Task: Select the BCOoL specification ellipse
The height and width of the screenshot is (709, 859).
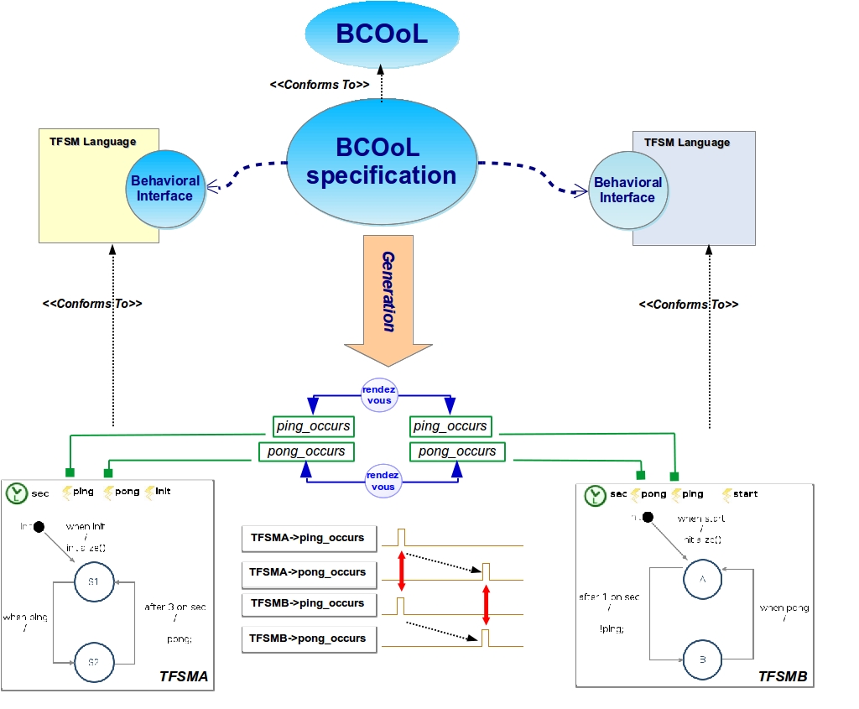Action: pyautogui.click(x=382, y=161)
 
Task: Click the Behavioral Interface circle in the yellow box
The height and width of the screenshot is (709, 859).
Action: pyautogui.click(x=165, y=189)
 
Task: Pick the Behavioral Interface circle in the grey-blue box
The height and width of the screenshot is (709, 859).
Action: pyautogui.click(x=628, y=190)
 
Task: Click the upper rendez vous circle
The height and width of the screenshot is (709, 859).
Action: pyautogui.click(x=379, y=394)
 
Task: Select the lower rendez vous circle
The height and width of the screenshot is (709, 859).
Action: pyautogui.click(x=383, y=481)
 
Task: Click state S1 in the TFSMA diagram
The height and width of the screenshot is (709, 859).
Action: pyautogui.click(x=93, y=581)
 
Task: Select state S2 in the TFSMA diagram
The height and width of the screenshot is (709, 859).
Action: pyautogui.click(x=93, y=662)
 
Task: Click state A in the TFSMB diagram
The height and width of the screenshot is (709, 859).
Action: pyautogui.click(x=701, y=579)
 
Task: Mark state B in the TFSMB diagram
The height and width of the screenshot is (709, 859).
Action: pyautogui.click(x=701, y=660)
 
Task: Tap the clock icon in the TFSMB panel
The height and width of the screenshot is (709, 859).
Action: pyautogui.click(x=595, y=495)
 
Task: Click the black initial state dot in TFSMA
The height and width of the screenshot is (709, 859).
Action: pyautogui.click(x=38, y=527)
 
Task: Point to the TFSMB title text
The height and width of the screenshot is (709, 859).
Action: pyautogui.click(x=782, y=675)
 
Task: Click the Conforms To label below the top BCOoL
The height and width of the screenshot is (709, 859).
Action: pyautogui.click(x=320, y=85)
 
